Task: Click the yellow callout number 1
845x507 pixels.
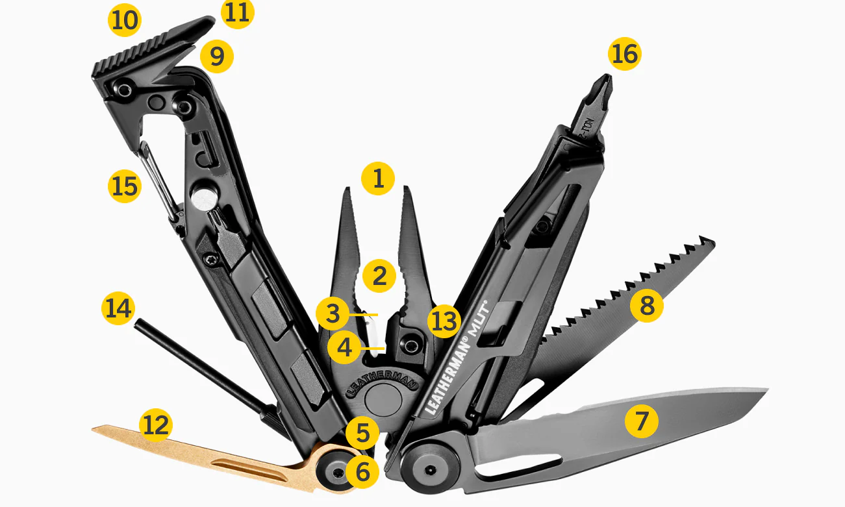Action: click(x=378, y=179)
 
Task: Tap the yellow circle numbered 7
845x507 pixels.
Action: click(x=641, y=421)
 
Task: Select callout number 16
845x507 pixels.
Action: click(x=625, y=54)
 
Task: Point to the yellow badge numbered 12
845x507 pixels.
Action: click(x=156, y=425)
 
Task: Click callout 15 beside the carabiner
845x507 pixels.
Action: click(x=125, y=186)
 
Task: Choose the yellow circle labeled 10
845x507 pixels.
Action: click(x=125, y=20)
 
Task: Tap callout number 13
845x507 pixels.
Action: click(x=444, y=321)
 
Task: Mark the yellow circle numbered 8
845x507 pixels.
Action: click(x=646, y=305)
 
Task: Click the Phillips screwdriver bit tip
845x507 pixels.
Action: click(x=603, y=85)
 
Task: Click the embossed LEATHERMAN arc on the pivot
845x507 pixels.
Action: click(x=382, y=382)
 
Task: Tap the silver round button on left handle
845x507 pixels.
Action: click(x=204, y=199)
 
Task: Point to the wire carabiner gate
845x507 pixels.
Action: click(x=158, y=181)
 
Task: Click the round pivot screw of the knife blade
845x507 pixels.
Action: click(x=430, y=469)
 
